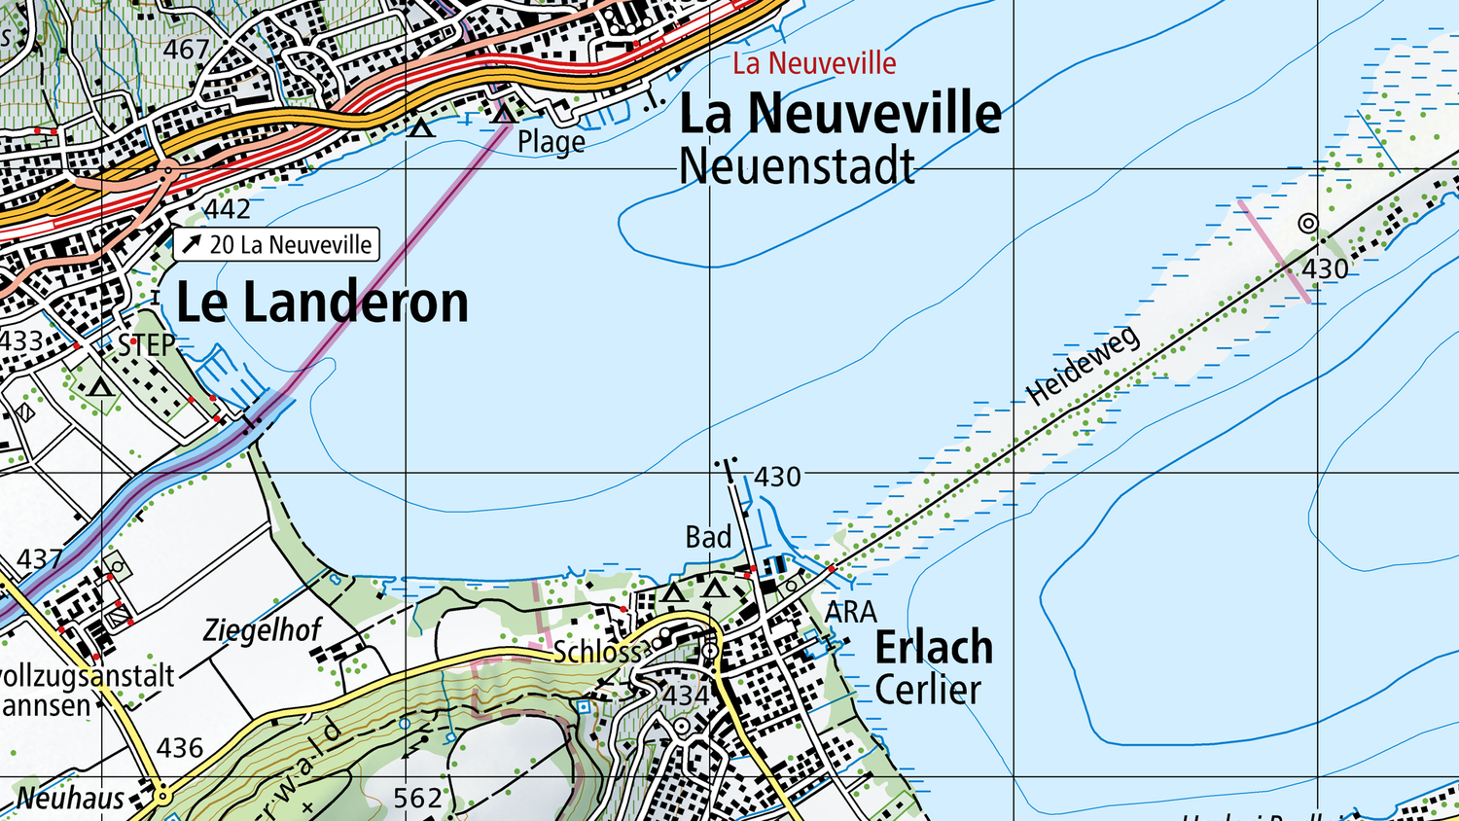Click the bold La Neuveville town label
[x=839, y=114]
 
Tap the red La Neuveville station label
[x=814, y=64]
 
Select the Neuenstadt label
[x=797, y=166]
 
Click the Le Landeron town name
[x=322, y=303]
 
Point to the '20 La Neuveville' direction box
[x=276, y=244]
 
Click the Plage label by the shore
[x=551, y=142]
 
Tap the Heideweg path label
[x=1082, y=366]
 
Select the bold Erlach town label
[x=934, y=648]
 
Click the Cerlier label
[x=927, y=691]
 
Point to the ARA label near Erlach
[x=850, y=612]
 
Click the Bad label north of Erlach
[x=708, y=537]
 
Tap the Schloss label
[x=597, y=652]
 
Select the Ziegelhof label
[x=262, y=630]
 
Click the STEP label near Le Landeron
[x=147, y=344]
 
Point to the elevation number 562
[x=417, y=799]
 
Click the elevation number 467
[x=186, y=49]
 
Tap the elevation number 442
[x=227, y=209]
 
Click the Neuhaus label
[x=70, y=799]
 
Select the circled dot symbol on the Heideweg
[x=1308, y=224]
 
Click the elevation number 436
[x=180, y=748]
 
